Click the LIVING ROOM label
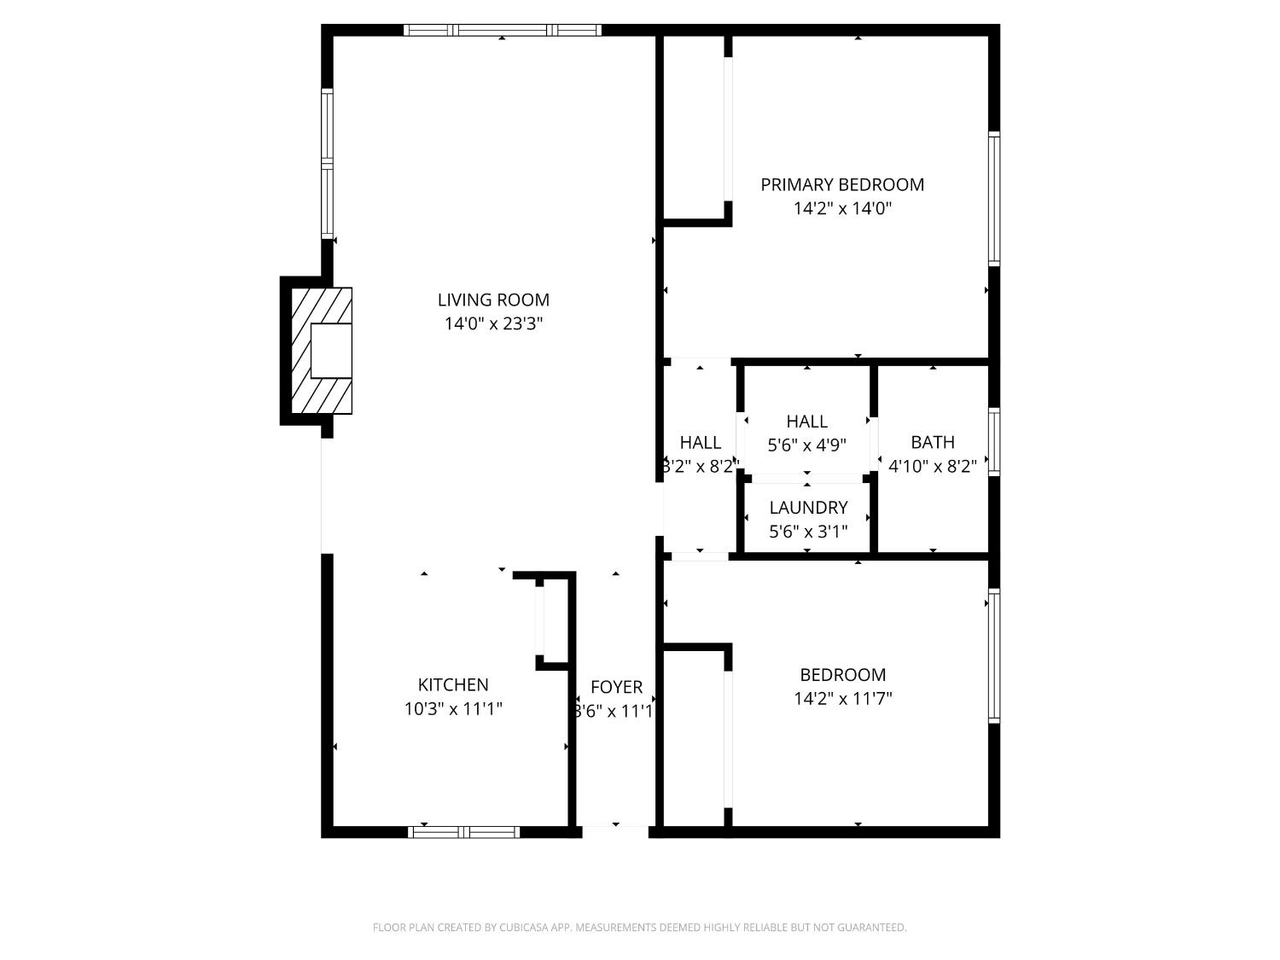pos(493,300)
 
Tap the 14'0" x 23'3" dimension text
pos(493,323)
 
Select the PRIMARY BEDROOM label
pos(842,184)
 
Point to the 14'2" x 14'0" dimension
pos(842,208)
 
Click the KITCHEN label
pos(453,684)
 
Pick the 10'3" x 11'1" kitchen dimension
pos(453,708)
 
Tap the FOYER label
pos(616,687)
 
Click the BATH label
pos(933,442)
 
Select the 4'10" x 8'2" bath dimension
pos(933,466)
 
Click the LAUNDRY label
pos(808,508)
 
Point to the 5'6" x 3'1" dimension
pos(808,532)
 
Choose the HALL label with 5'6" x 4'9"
pos(807,421)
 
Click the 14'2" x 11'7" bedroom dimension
pos(842,698)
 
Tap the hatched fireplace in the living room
pos(322,351)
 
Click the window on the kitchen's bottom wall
pos(464,832)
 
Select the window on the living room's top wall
pos(502,30)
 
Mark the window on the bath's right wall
pos(994,441)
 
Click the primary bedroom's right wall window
pos(994,198)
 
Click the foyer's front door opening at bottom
pos(614,827)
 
